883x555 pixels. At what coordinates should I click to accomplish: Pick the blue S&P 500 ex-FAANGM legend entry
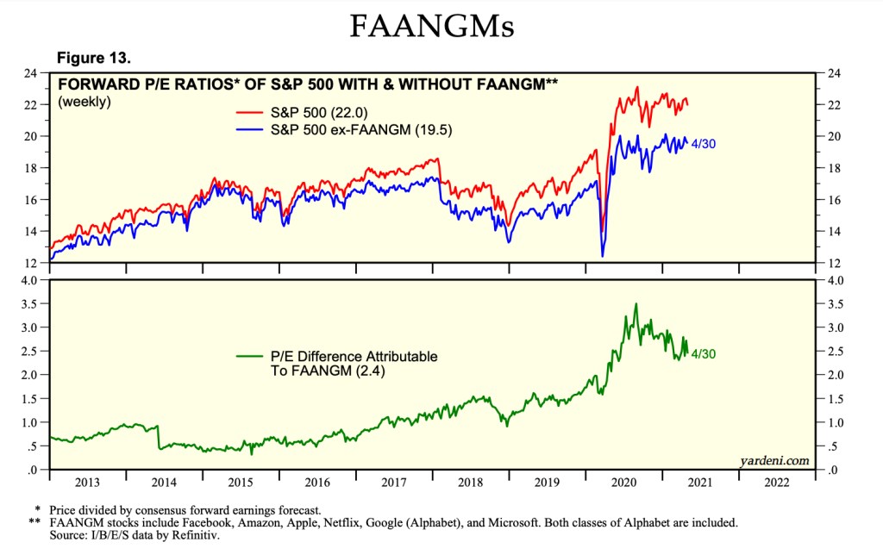pos(331,129)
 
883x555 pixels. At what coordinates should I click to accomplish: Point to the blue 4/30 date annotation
pos(705,144)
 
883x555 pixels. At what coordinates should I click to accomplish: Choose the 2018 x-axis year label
pos(471,482)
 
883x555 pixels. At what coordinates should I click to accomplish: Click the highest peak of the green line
pos(636,304)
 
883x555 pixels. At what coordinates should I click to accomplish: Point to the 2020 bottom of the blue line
pos(602,256)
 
